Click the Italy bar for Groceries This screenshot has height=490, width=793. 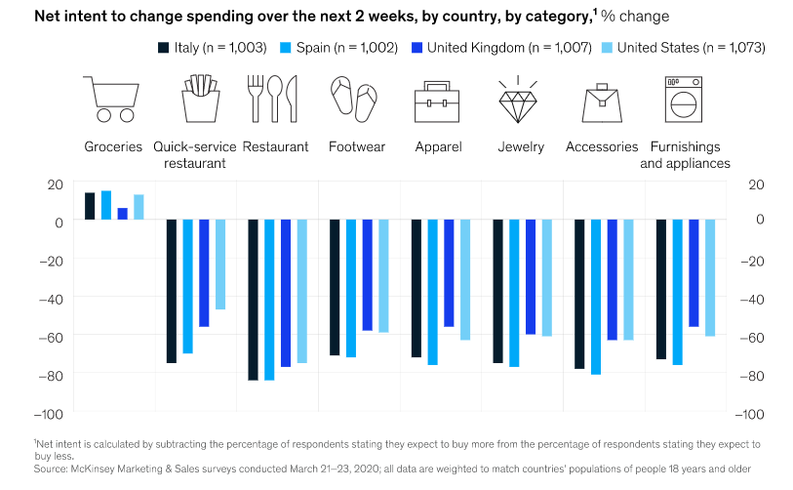coord(90,206)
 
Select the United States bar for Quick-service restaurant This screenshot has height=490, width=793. coord(220,265)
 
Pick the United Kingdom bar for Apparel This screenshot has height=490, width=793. coord(449,273)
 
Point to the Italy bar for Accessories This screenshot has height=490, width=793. coord(579,294)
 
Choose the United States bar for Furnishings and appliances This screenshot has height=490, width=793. coord(710,278)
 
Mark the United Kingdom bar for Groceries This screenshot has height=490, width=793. coord(122,214)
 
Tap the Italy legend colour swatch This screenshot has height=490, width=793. coord(164,47)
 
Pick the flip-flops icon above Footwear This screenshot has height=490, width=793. coord(356,100)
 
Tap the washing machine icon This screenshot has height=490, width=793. coord(686,100)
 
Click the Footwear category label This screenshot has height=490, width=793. coord(356,146)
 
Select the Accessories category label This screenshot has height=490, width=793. coord(602,146)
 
